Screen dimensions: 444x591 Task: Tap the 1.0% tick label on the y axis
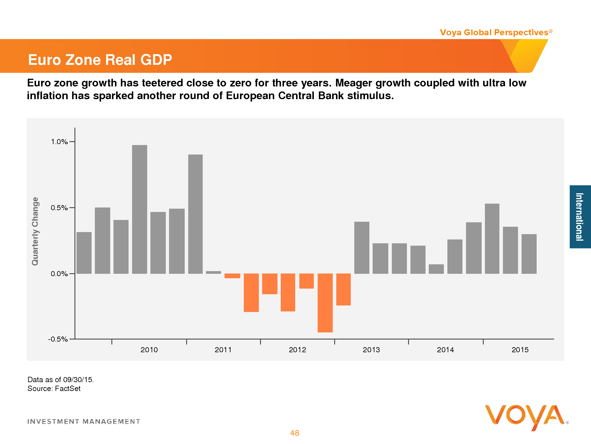(x=59, y=142)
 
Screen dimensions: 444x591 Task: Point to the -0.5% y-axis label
(x=58, y=339)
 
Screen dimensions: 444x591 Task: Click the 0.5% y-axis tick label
(x=59, y=208)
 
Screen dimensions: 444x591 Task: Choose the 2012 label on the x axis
(x=297, y=350)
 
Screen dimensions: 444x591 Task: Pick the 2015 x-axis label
(x=520, y=350)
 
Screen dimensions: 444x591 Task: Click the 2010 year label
(x=149, y=350)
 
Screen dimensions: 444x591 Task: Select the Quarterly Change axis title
(x=35, y=231)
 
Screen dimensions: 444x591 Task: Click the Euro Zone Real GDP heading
(x=100, y=60)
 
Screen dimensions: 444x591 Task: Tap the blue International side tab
(x=580, y=217)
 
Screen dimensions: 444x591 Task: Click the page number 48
(x=295, y=433)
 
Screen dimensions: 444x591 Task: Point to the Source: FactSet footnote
(x=54, y=389)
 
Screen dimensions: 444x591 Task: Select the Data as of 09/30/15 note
(x=61, y=380)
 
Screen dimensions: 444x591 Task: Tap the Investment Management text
(x=84, y=422)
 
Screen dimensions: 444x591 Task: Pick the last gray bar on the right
(x=529, y=254)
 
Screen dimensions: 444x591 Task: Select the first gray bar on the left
(x=84, y=253)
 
